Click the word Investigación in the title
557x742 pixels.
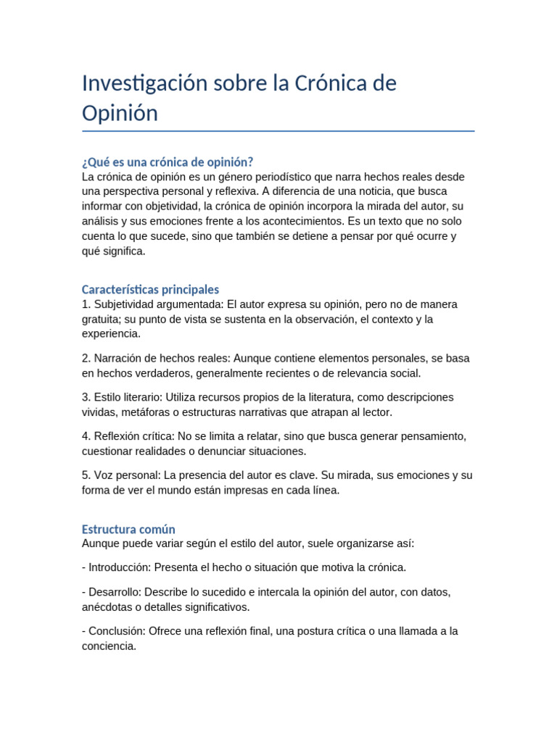coord(144,83)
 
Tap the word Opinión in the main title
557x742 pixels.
coord(120,114)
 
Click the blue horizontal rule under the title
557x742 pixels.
coord(278,131)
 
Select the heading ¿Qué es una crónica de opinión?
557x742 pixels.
coord(168,162)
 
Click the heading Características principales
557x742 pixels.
coord(150,289)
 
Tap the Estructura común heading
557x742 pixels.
coord(128,529)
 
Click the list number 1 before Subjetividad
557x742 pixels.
coord(86,304)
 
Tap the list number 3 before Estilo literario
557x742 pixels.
coord(86,397)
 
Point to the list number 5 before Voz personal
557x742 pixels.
coord(86,475)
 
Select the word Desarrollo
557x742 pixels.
coord(114,592)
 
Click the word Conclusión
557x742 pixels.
coord(117,631)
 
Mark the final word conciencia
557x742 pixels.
coord(108,646)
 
